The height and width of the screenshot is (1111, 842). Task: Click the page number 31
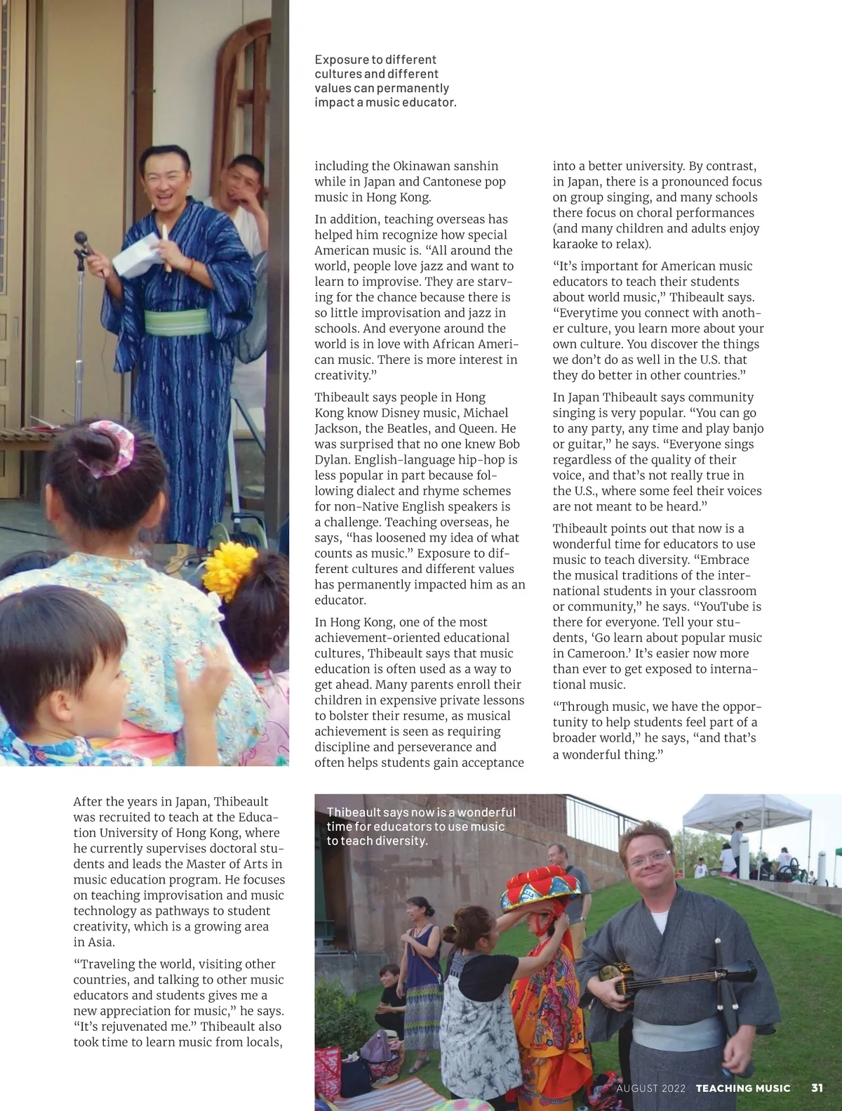point(817,1088)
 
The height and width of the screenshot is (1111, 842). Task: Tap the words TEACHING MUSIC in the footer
point(742,1088)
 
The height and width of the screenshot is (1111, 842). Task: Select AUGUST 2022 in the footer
point(650,1088)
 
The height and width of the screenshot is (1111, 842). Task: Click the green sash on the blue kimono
point(177,322)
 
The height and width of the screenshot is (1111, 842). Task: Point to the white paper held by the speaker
point(137,256)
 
